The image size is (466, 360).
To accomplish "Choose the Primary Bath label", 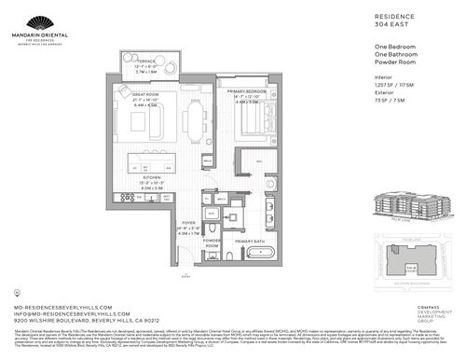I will coord(251,242).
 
